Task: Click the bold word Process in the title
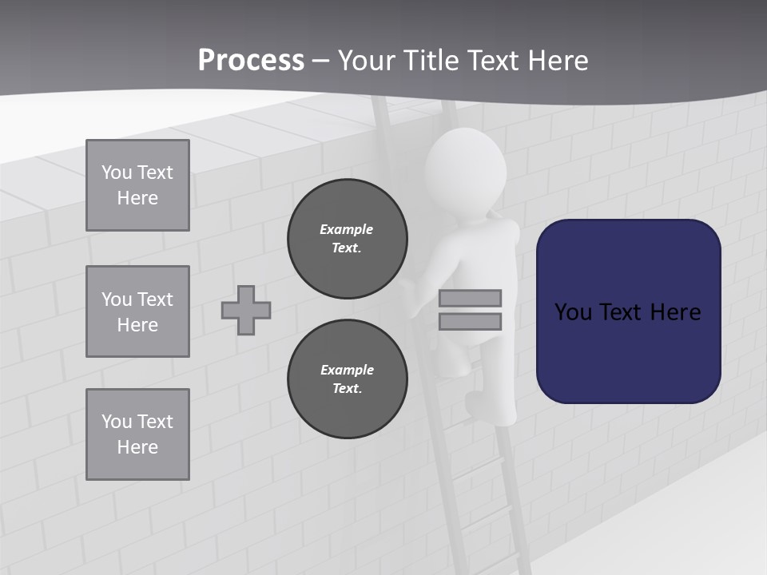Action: coord(251,61)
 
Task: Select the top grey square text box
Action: coord(137,185)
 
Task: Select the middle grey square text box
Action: coord(137,311)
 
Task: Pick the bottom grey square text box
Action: coord(137,434)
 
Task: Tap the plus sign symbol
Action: coord(246,310)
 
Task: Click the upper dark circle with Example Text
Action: coord(348,239)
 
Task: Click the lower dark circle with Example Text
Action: coord(348,379)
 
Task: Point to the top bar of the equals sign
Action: coord(470,298)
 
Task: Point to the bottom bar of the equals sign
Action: coord(470,322)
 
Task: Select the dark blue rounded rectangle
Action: coord(628,311)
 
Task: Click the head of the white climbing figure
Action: coord(465,168)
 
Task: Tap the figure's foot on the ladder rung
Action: coord(479,404)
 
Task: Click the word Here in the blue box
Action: coord(675,312)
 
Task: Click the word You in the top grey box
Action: coord(117,172)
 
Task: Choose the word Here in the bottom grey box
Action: coord(137,447)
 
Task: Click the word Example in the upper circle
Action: coord(347,229)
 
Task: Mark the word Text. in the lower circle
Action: coord(347,388)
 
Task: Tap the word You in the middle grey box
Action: coord(117,299)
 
